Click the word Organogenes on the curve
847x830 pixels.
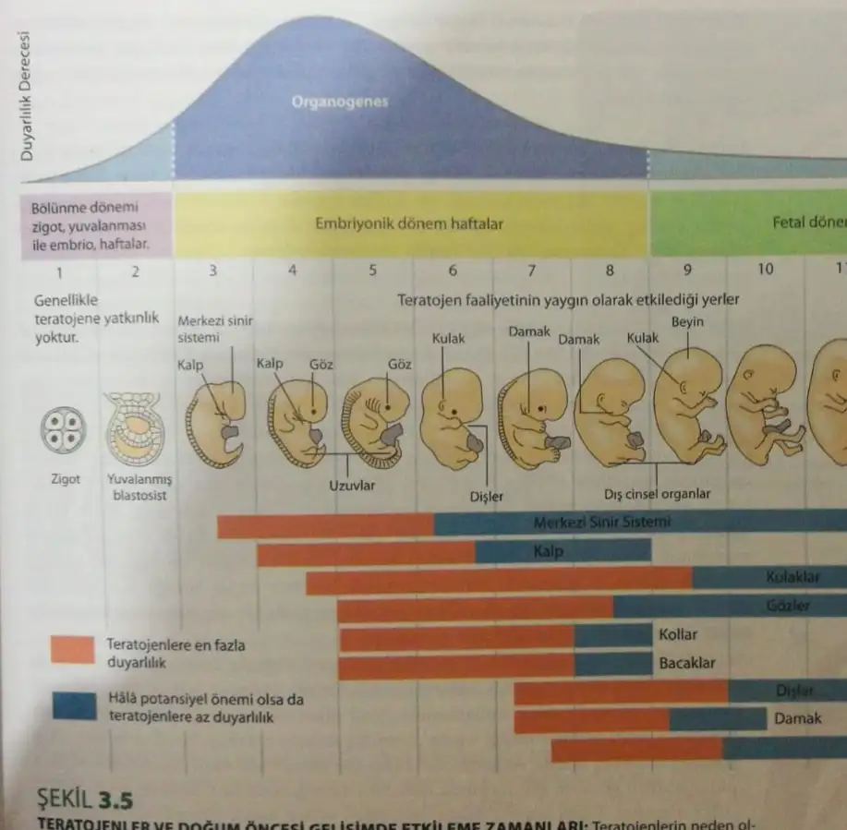point(339,102)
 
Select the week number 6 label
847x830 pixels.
point(453,271)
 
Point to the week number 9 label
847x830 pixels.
point(687,271)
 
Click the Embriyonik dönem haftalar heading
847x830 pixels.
point(409,223)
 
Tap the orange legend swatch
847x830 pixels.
point(73,650)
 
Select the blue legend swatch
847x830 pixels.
point(73,706)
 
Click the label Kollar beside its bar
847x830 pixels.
point(678,635)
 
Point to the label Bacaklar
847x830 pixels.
point(686,663)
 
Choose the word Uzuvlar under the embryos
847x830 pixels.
point(352,486)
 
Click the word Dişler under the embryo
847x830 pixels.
point(486,497)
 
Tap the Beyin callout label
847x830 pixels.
point(687,322)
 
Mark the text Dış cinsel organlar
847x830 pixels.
point(658,494)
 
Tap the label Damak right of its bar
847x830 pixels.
point(797,718)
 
